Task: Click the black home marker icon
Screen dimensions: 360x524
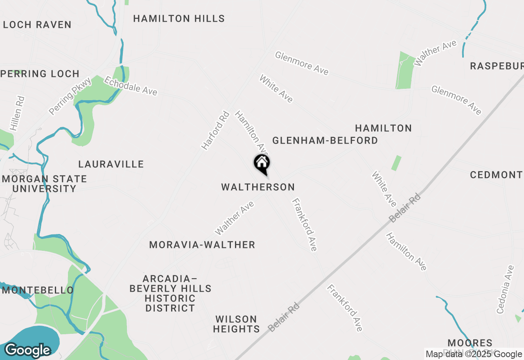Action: click(x=262, y=164)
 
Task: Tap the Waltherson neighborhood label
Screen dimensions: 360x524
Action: click(x=258, y=187)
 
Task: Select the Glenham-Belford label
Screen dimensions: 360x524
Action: click(x=325, y=141)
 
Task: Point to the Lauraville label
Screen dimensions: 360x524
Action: click(x=111, y=164)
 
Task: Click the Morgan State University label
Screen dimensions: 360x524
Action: click(x=44, y=184)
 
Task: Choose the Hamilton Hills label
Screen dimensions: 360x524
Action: click(x=179, y=19)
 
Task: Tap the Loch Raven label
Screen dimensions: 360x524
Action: click(x=37, y=25)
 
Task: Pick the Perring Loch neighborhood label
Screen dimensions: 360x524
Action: click(x=41, y=74)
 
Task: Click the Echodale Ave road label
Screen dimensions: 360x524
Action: click(x=131, y=86)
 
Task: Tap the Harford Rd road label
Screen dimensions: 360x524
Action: click(x=215, y=130)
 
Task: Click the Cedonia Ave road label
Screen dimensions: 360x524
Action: click(x=505, y=290)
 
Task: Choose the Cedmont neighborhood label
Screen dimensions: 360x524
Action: click(x=496, y=175)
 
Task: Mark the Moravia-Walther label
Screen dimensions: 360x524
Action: click(x=202, y=245)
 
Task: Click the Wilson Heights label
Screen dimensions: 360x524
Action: click(x=236, y=324)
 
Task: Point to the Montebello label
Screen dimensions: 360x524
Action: click(x=38, y=290)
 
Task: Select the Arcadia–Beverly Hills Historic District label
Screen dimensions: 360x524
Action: click(x=170, y=293)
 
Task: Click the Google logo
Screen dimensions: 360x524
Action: click(x=27, y=350)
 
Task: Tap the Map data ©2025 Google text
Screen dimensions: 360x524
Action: click(x=474, y=354)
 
